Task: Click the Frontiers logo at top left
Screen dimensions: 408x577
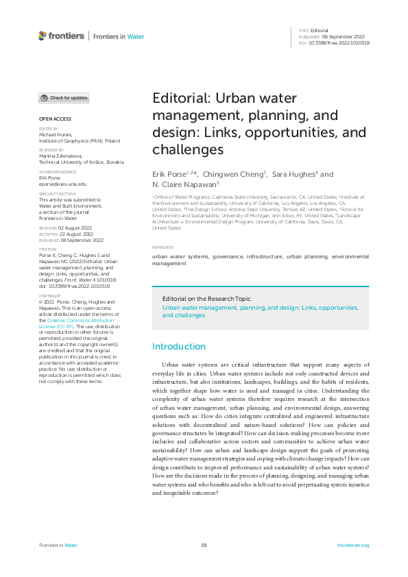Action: click(x=61, y=36)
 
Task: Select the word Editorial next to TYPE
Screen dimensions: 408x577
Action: click(x=320, y=31)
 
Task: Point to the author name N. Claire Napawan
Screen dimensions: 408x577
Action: click(x=183, y=184)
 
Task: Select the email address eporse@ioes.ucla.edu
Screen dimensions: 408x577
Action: click(x=62, y=184)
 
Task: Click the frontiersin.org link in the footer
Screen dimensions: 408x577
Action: click(x=354, y=545)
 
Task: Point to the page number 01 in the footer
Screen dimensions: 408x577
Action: click(x=204, y=545)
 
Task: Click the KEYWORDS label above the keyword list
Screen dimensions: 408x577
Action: click(x=163, y=247)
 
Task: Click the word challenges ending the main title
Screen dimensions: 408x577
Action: click(x=188, y=149)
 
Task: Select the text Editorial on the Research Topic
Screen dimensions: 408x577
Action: click(x=206, y=299)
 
